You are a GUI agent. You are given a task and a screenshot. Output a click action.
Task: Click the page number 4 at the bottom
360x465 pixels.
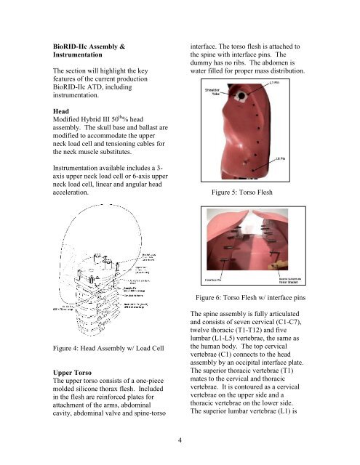pyautogui.click(x=180, y=438)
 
